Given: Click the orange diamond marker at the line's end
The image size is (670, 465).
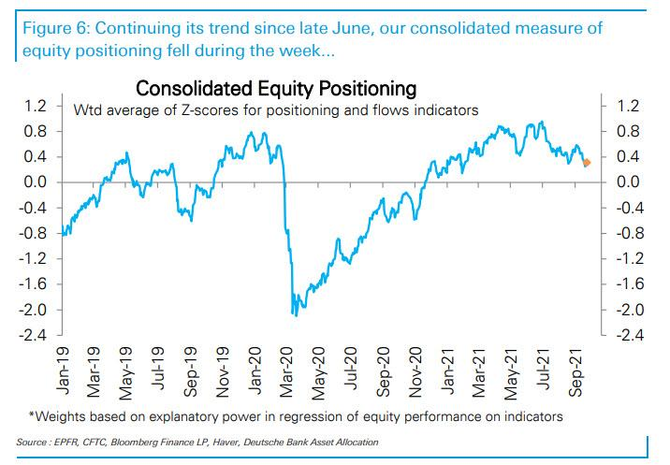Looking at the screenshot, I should [587, 163].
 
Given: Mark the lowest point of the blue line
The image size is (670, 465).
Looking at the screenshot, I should [296, 315].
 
